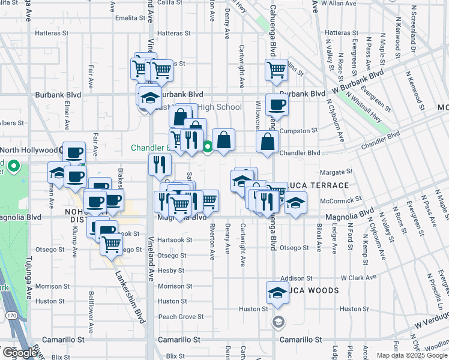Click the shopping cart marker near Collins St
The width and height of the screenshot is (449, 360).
(x=276, y=69)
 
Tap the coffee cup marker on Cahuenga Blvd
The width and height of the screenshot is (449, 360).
(x=276, y=105)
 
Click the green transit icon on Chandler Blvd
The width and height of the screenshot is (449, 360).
(x=208, y=145)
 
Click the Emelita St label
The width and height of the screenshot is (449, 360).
(x=127, y=18)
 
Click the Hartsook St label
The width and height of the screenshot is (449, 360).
(x=175, y=240)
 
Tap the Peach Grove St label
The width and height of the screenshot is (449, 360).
(x=181, y=316)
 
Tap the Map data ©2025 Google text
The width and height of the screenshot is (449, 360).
(x=411, y=355)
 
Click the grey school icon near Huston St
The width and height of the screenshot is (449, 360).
(x=277, y=321)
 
